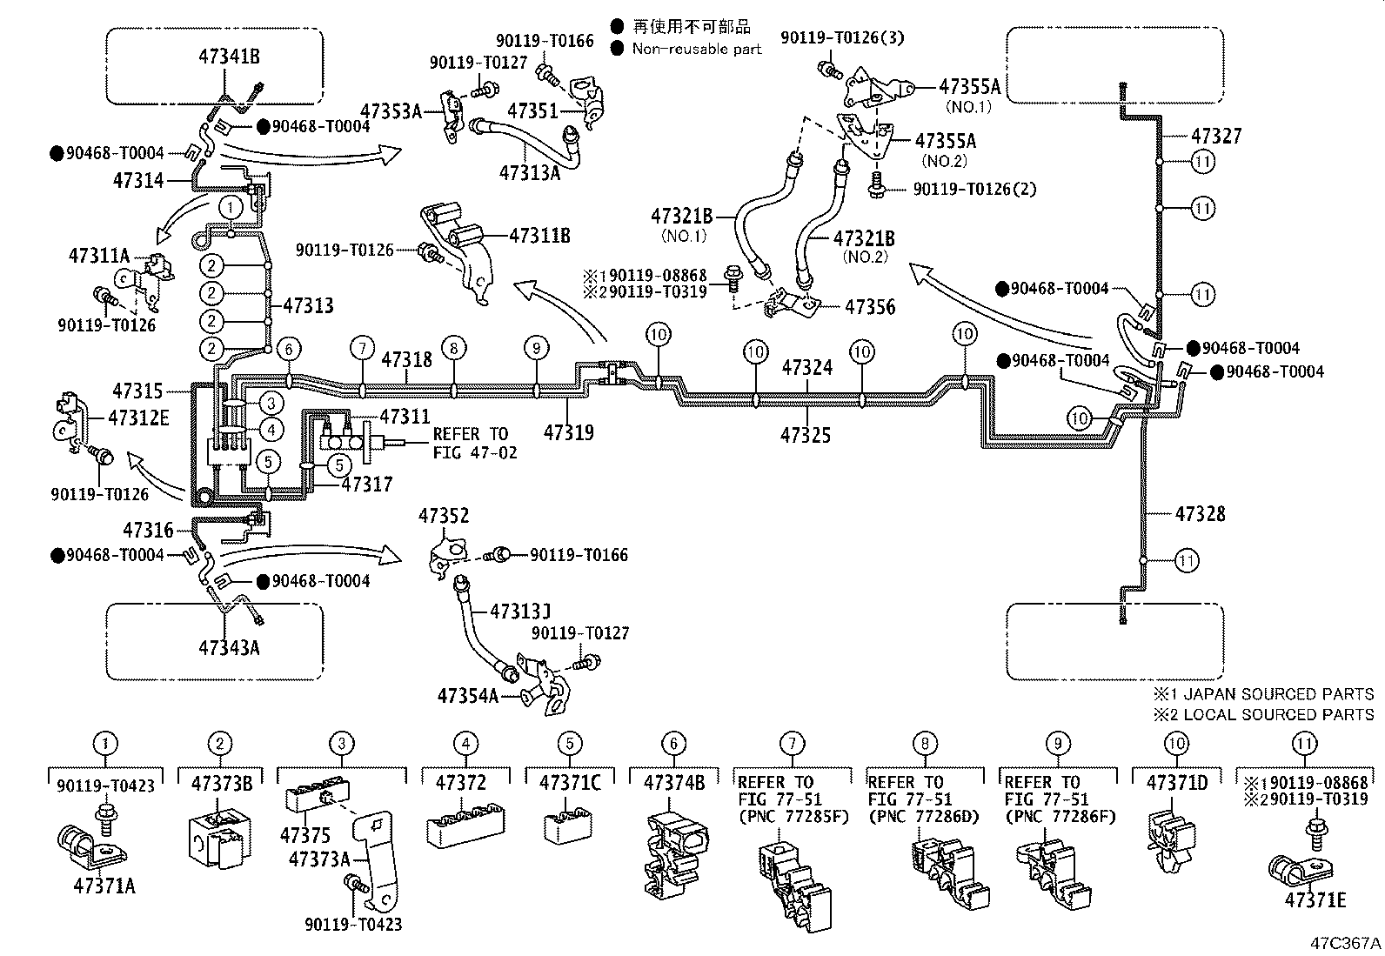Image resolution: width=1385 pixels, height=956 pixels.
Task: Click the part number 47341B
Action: tap(229, 58)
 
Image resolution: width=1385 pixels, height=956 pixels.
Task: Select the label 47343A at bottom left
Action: tap(229, 647)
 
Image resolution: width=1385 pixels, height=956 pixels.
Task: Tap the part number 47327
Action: tap(1216, 137)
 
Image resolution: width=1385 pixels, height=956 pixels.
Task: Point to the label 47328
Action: tap(1200, 514)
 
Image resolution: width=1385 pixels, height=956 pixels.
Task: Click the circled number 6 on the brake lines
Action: tap(289, 349)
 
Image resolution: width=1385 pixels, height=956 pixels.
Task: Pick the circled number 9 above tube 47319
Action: tap(537, 348)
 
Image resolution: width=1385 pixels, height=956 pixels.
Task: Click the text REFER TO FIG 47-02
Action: tap(474, 443)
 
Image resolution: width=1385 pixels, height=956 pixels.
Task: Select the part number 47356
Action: tap(870, 307)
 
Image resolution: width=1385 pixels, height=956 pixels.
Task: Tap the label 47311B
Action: tap(539, 235)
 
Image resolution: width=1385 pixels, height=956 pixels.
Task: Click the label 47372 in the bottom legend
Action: tap(460, 783)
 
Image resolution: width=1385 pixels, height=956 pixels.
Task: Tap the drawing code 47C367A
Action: tap(1347, 943)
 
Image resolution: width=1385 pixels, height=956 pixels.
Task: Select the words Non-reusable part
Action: tap(696, 49)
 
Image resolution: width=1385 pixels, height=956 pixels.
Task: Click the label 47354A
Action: tap(467, 696)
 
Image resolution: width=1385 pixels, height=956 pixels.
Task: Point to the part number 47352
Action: tap(443, 516)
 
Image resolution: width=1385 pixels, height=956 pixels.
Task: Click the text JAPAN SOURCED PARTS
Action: tap(1274, 694)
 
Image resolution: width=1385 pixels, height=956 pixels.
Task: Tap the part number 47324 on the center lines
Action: tap(806, 368)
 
